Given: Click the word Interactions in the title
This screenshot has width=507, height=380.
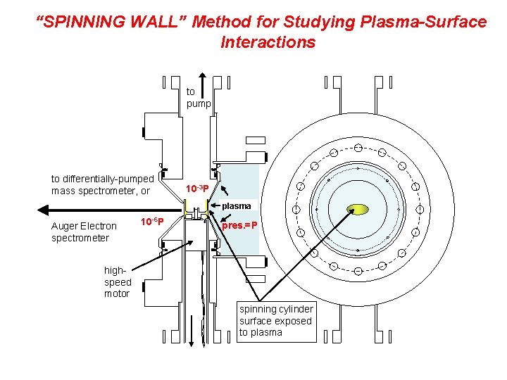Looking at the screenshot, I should [268, 42].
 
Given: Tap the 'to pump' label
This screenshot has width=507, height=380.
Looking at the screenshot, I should [197, 97].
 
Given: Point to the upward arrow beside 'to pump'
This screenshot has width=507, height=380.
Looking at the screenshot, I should [203, 88].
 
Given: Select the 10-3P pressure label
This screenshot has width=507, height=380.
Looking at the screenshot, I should [196, 188].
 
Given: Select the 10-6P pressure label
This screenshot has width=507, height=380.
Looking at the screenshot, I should [152, 222].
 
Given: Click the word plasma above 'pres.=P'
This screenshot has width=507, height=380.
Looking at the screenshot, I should [237, 205].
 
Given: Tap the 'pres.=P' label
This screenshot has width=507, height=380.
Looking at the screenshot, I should [240, 226].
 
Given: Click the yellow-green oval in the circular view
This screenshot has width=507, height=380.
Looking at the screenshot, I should [358, 209].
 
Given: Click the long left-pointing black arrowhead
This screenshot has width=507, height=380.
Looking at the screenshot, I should [44, 209].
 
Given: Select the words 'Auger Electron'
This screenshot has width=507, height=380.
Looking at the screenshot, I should [84, 226].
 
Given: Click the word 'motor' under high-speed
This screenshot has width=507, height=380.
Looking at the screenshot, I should [117, 293].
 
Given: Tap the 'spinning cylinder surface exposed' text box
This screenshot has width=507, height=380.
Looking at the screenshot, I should [276, 321].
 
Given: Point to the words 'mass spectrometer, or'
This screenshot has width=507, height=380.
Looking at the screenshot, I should [101, 191].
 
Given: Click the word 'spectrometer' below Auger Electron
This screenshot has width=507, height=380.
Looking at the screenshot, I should [80, 238].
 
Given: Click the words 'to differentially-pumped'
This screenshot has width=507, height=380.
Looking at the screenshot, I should [102, 179].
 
